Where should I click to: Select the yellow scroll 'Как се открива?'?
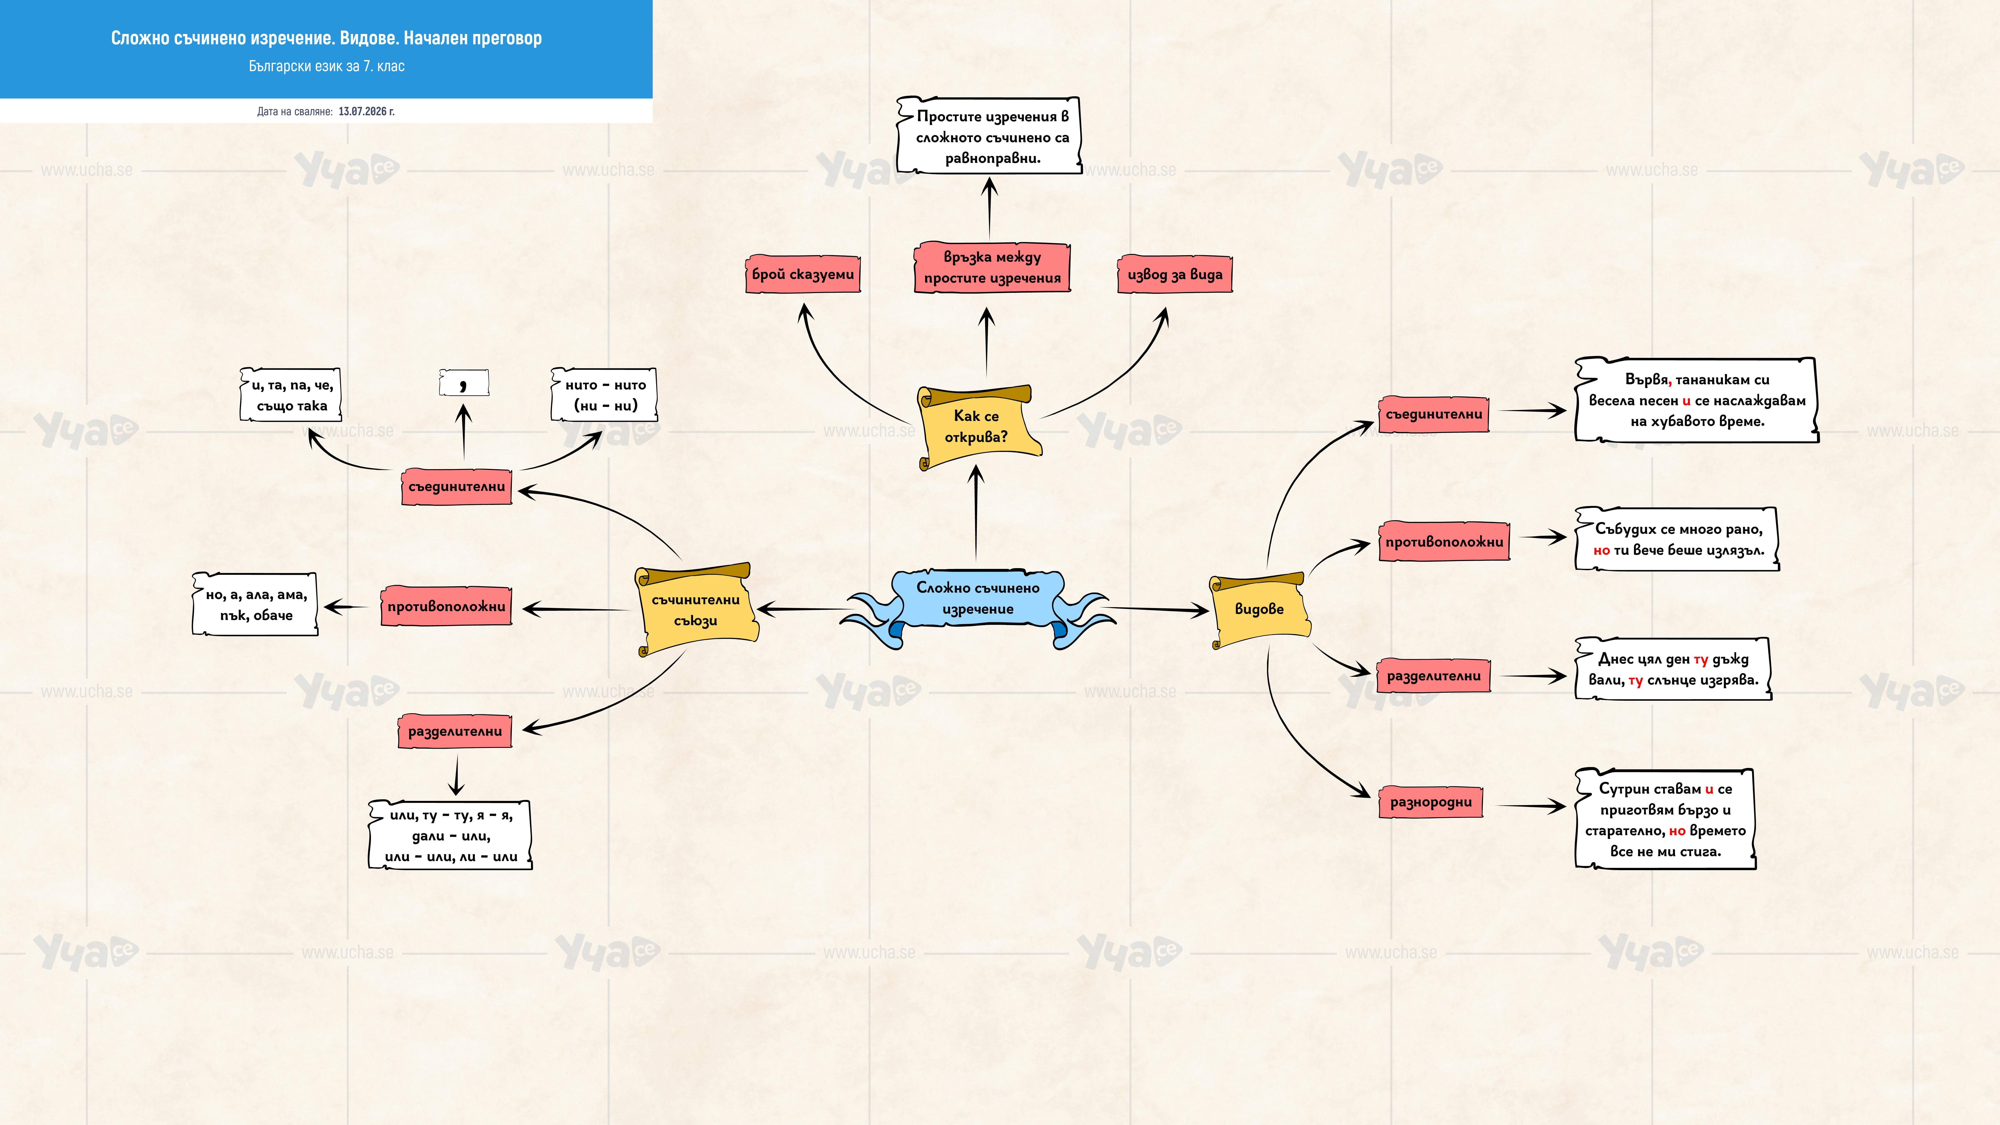[978, 427]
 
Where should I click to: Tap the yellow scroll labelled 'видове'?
[1259, 610]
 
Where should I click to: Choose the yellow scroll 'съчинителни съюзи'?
[696, 610]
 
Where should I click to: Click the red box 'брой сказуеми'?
[803, 274]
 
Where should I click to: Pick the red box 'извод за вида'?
[1175, 274]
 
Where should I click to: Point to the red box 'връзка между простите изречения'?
[992, 267]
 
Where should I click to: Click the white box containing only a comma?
[464, 383]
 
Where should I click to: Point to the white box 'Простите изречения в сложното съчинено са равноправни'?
[990, 136]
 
